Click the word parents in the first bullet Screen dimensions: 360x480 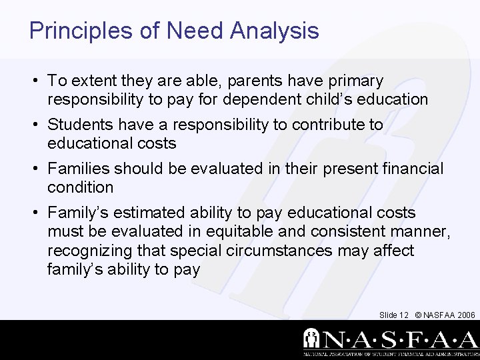pyautogui.click(x=254, y=81)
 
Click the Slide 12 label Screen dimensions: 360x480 pyautogui.click(x=393, y=314)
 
